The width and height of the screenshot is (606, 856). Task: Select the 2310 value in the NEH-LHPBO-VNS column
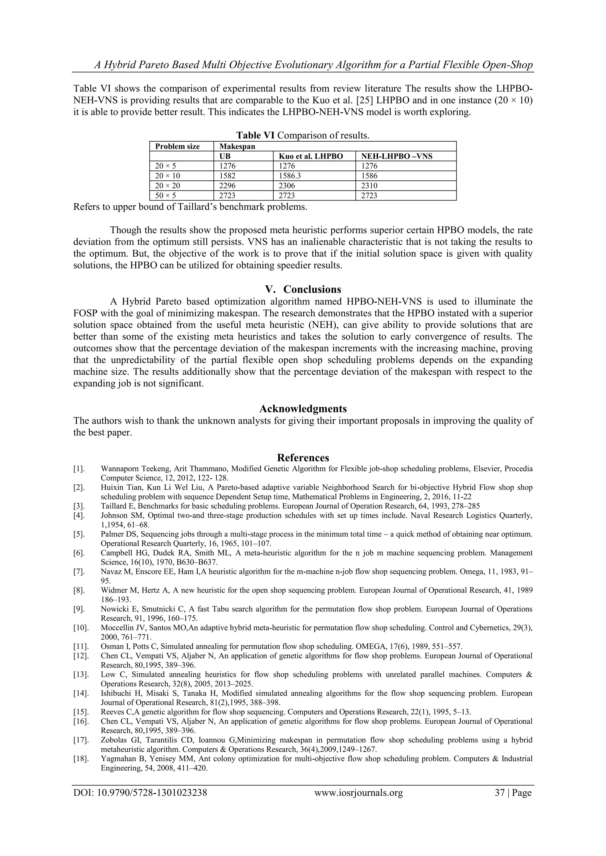point(369,186)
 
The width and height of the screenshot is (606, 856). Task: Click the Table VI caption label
point(255,135)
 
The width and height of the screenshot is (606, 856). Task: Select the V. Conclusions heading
point(303,289)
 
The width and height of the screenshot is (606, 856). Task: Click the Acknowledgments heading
point(303,409)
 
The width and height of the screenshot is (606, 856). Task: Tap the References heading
point(303,458)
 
